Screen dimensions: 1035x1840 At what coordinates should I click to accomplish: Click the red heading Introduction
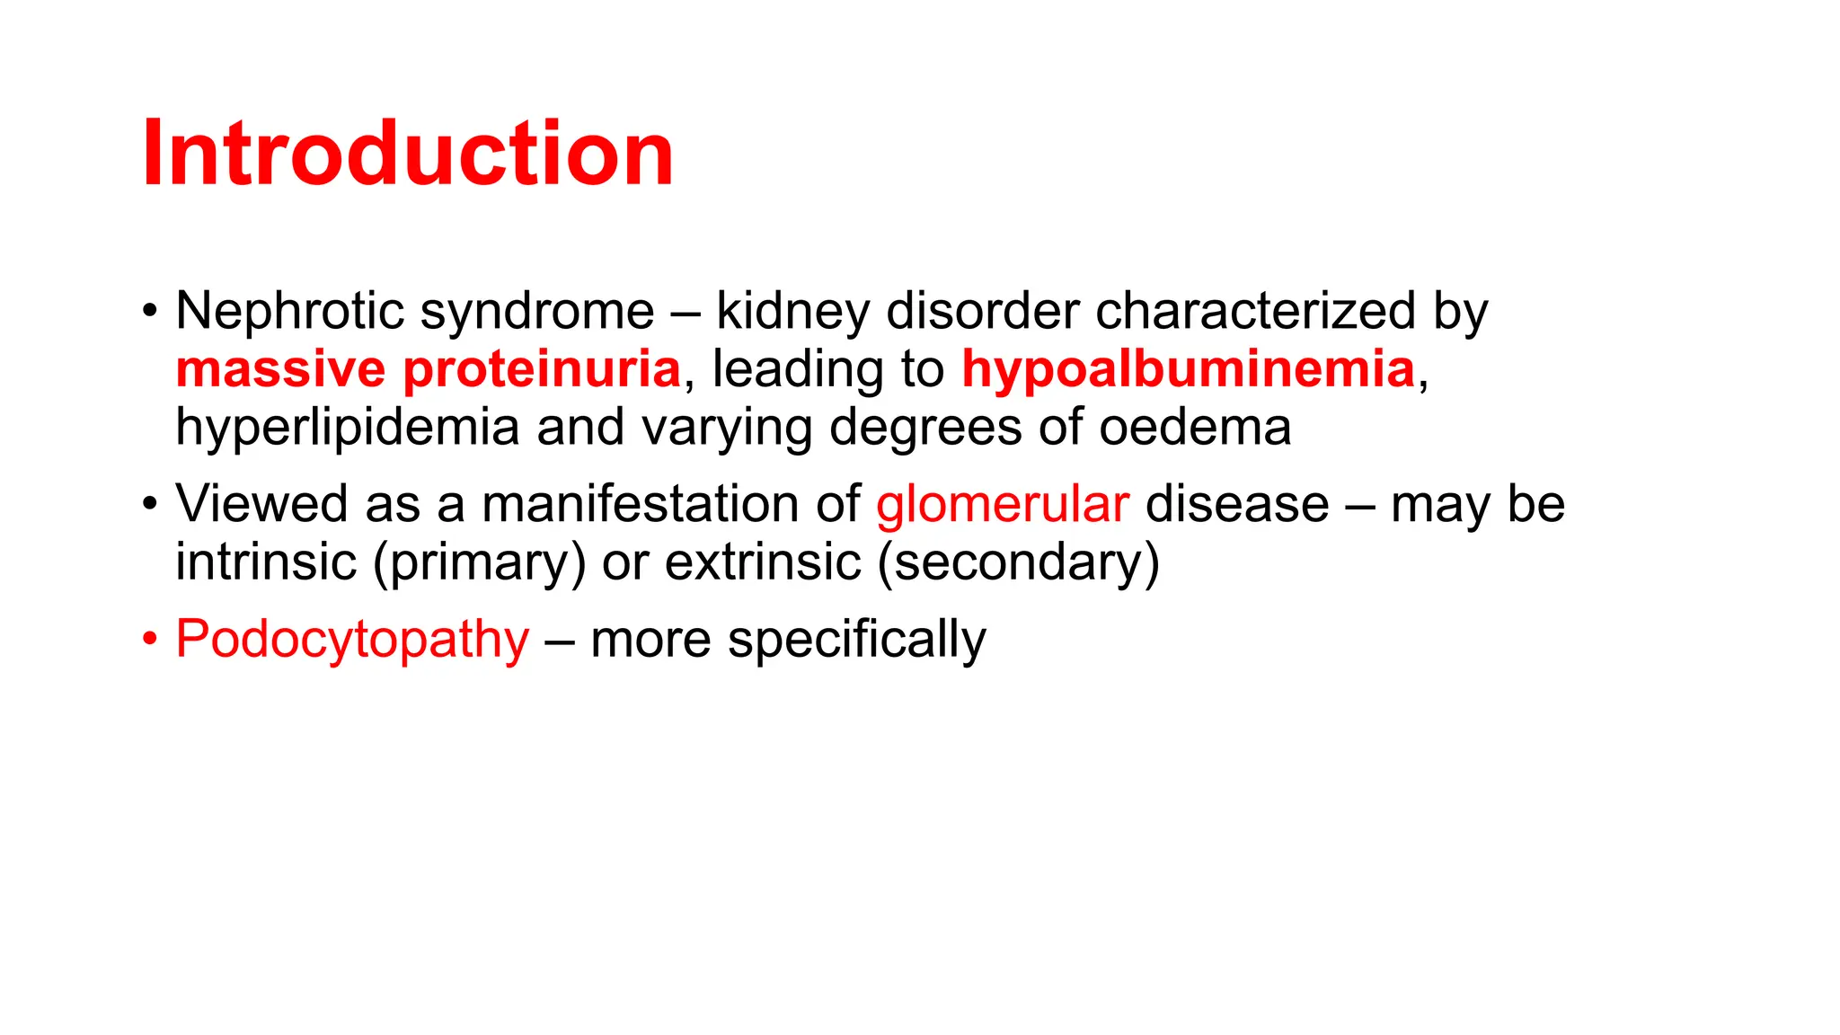pos(407,154)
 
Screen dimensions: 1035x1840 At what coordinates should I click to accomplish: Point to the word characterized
pos(1255,312)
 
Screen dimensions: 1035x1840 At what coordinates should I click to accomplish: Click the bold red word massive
pos(280,369)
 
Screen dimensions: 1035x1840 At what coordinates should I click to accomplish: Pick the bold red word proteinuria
pos(542,369)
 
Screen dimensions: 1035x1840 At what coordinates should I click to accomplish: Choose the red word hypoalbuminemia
pos(1188,369)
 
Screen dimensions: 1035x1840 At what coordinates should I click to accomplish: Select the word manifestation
pos(640,504)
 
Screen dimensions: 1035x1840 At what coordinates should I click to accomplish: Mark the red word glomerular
pos(1002,504)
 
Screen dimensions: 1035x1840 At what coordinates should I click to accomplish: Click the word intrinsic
pos(266,562)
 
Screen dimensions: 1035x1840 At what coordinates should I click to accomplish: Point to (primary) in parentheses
pos(479,562)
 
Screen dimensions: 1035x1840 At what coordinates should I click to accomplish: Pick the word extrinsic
pos(763,562)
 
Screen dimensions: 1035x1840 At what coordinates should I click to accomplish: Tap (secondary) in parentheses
pos(1018,562)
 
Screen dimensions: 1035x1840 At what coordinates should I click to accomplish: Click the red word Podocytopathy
pos(352,640)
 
